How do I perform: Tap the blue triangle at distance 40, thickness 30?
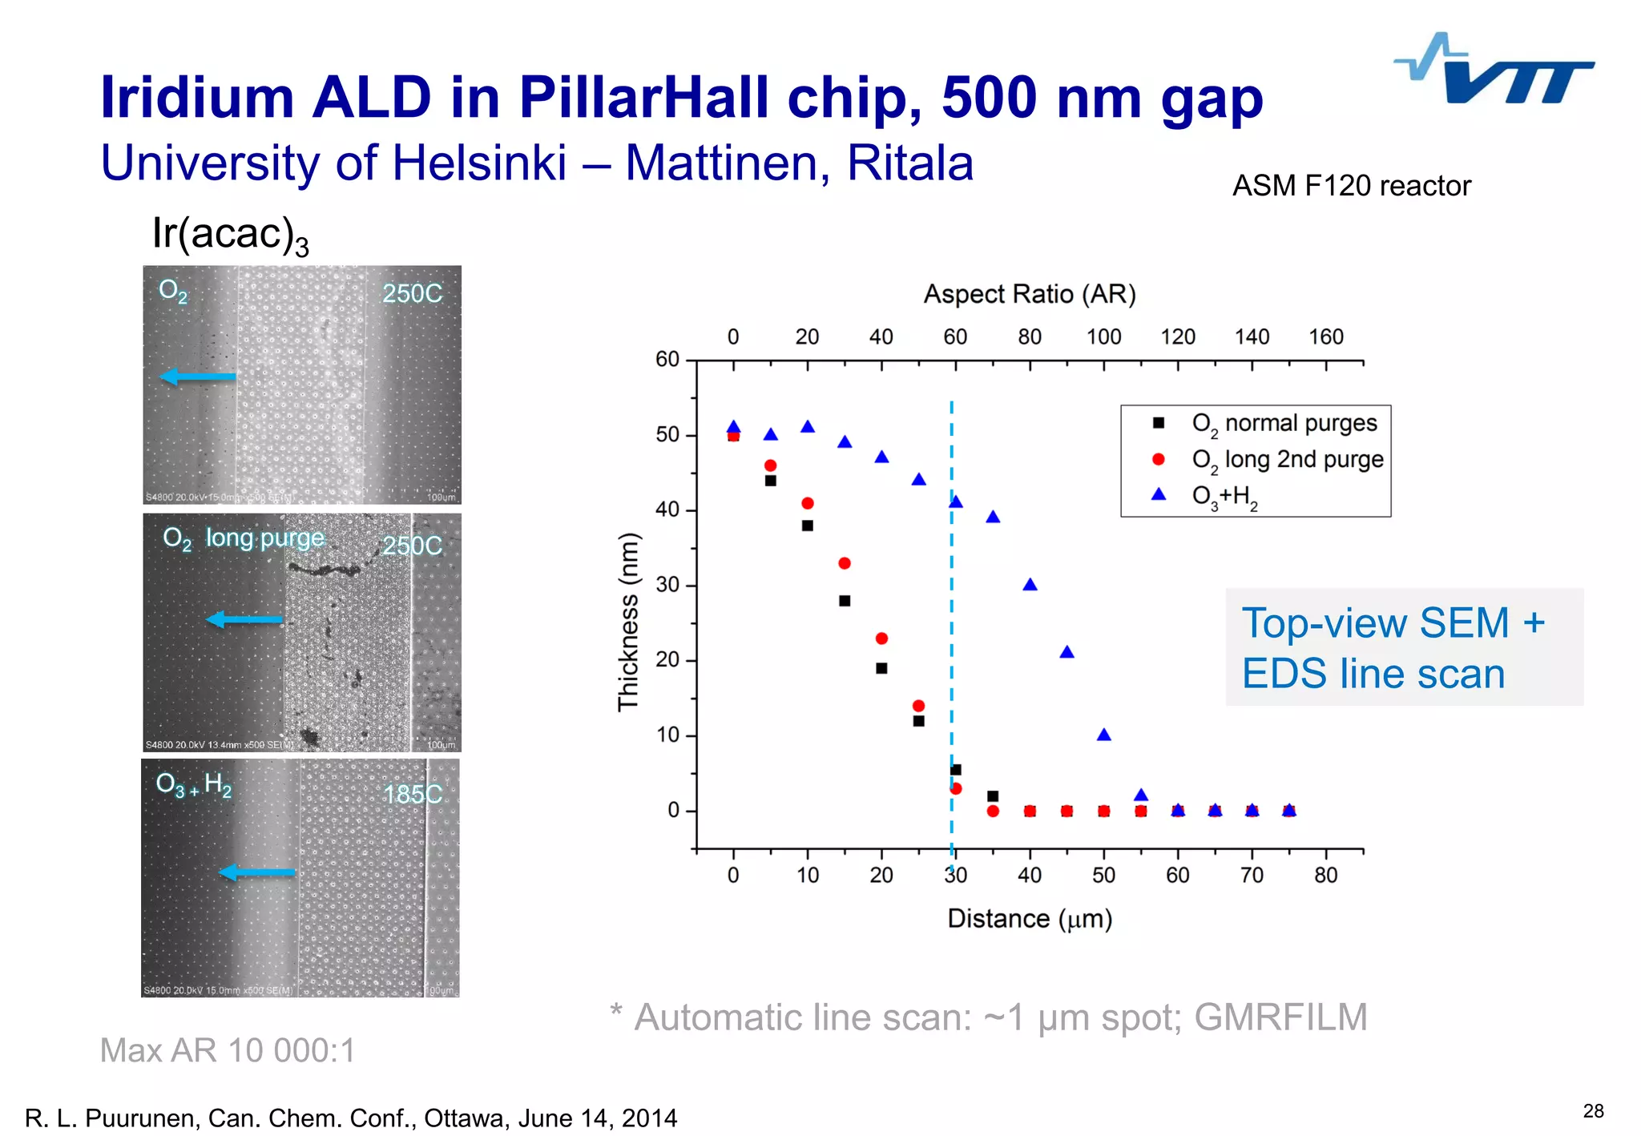click(x=1030, y=586)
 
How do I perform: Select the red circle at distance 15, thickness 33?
click(x=844, y=563)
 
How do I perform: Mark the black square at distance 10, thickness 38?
click(x=807, y=526)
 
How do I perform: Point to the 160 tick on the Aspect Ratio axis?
click(x=1325, y=336)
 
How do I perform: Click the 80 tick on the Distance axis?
click(x=1325, y=875)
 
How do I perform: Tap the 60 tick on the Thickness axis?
click(x=667, y=359)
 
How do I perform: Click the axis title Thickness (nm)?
click(x=629, y=622)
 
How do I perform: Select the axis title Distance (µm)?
click(x=1029, y=918)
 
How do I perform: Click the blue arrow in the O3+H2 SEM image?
click(x=256, y=872)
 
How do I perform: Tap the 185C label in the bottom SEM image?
click(x=412, y=794)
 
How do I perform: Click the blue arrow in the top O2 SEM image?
click(x=197, y=376)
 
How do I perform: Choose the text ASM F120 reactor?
click(x=1351, y=186)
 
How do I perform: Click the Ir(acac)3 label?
click(x=230, y=234)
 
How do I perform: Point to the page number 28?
click(x=1592, y=1110)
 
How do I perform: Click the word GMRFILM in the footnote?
click(x=1280, y=1017)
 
